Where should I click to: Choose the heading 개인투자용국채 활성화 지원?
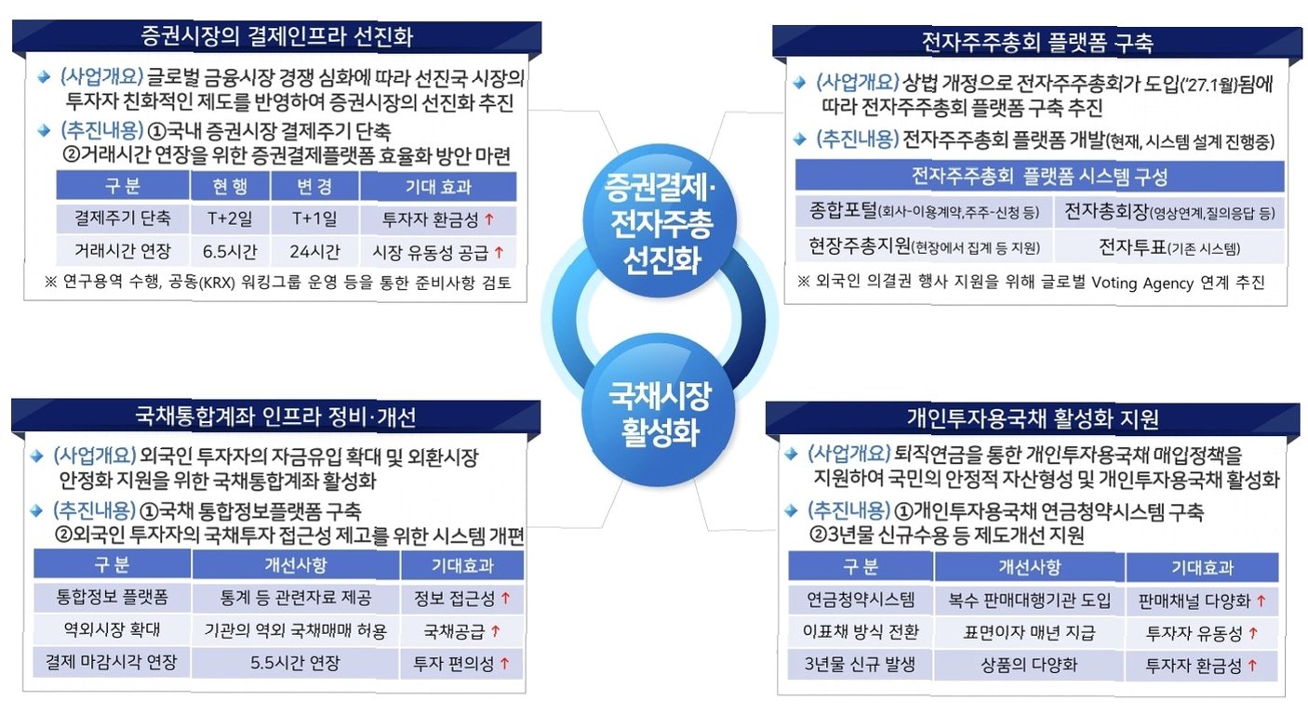coord(1033,418)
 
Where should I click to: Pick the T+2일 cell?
coord(229,219)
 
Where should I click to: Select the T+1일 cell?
coord(315,219)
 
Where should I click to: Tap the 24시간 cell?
coord(315,251)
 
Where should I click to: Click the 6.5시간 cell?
coord(229,251)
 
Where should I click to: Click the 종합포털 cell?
coord(924,212)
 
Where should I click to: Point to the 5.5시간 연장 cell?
coord(296,664)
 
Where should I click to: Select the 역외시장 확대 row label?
coord(112,630)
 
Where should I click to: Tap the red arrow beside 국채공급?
coord(495,631)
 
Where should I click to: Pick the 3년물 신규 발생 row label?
coord(860,665)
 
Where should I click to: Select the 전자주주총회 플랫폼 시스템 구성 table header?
coord(1039,177)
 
